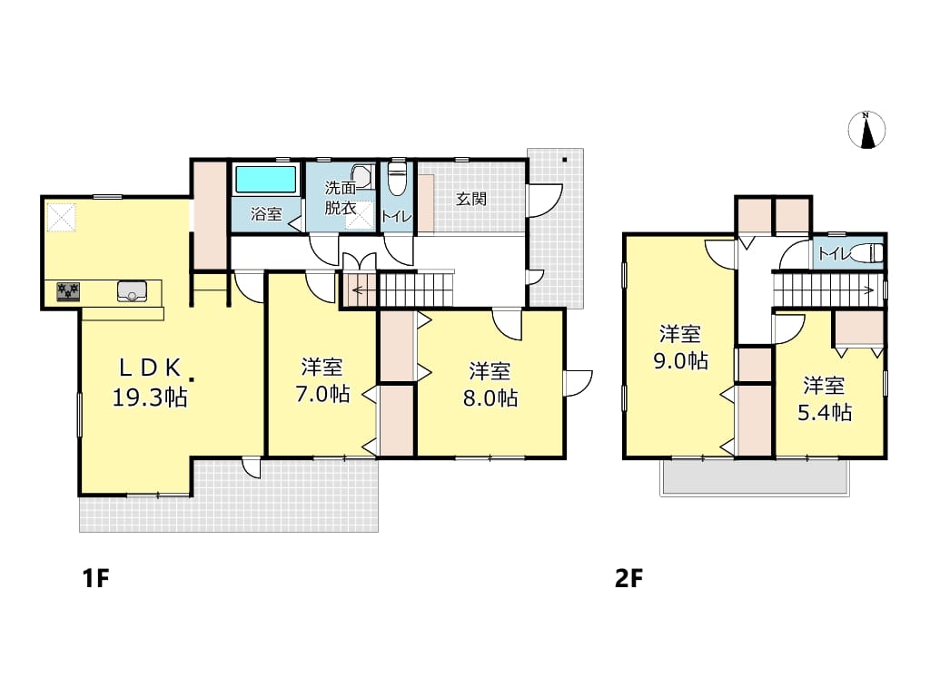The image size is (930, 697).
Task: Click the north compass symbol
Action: click(866, 129)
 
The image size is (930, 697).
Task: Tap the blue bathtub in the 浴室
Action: click(266, 180)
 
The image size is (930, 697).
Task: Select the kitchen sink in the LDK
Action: click(132, 291)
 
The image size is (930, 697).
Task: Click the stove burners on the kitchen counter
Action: click(68, 291)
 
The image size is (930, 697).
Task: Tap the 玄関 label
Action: click(471, 199)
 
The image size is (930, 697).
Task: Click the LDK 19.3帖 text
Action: click(150, 383)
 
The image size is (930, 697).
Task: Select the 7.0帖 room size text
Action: click(322, 394)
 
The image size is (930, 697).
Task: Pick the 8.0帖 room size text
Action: click(490, 398)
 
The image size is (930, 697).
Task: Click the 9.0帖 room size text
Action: click(681, 360)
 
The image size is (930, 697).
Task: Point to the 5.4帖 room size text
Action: click(825, 412)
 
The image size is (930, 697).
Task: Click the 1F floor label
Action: click(96, 578)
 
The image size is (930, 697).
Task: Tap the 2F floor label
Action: click(628, 578)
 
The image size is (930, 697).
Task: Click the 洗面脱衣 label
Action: click(341, 198)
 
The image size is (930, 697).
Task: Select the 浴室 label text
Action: click(266, 214)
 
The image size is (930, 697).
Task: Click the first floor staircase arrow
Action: click(364, 290)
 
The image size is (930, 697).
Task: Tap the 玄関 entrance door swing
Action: click(545, 201)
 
